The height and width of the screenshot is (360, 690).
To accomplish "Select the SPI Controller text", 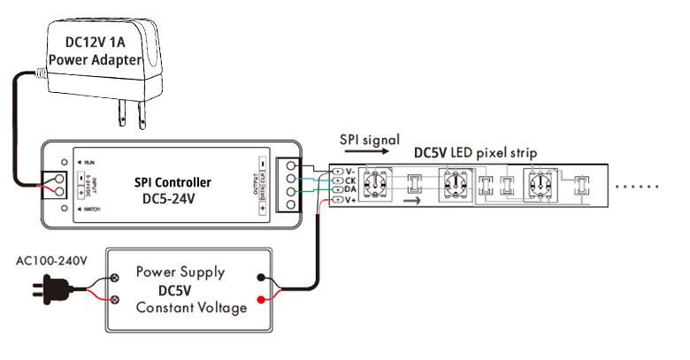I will tap(172, 182).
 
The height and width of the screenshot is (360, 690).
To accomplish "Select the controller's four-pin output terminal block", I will tap(289, 187).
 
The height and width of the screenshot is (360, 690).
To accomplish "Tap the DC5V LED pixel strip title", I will tap(476, 152).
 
